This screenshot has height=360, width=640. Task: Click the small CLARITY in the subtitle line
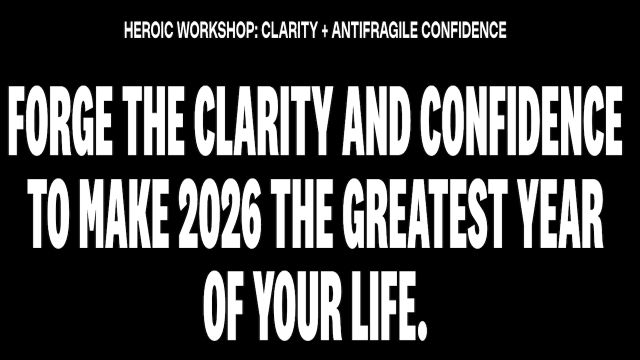point(290,31)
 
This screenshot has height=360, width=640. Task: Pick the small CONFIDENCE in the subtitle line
point(464,31)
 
